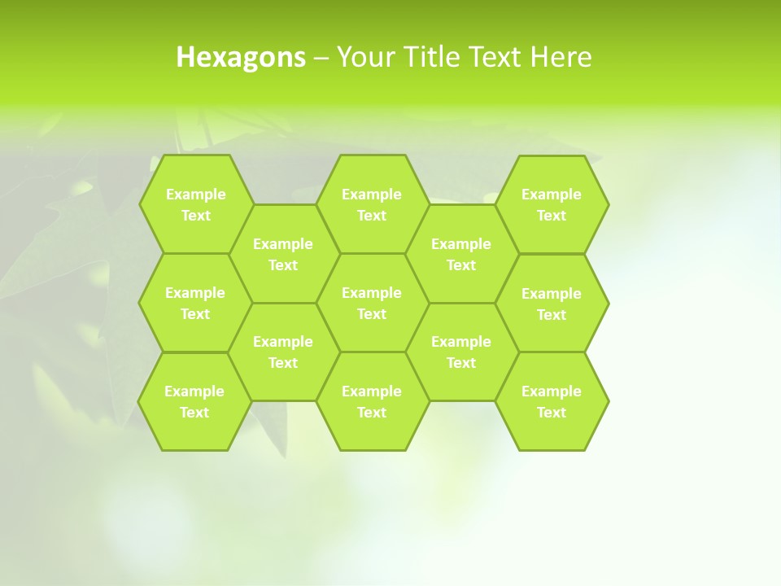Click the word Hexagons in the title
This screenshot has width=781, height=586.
click(x=241, y=57)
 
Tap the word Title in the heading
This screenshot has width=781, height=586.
click(x=428, y=57)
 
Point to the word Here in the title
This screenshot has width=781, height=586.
click(x=561, y=57)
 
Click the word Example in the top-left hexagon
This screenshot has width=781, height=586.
click(x=195, y=195)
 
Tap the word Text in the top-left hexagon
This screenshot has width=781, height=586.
click(x=195, y=216)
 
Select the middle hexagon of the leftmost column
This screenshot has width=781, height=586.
click(x=195, y=303)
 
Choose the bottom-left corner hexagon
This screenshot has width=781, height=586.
click(x=194, y=401)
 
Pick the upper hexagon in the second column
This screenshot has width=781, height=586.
click(x=283, y=254)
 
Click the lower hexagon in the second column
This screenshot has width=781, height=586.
click(x=283, y=352)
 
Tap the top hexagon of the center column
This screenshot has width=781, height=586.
click(x=372, y=204)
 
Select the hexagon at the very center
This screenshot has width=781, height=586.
click(x=372, y=303)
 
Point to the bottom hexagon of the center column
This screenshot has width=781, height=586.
click(x=372, y=401)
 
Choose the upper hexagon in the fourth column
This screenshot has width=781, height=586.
click(x=461, y=254)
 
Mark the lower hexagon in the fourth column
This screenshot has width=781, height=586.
click(x=461, y=352)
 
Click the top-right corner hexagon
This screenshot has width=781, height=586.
click(x=552, y=204)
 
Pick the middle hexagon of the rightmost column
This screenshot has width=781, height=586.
click(x=552, y=304)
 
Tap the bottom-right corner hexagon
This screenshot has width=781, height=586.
click(x=552, y=401)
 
